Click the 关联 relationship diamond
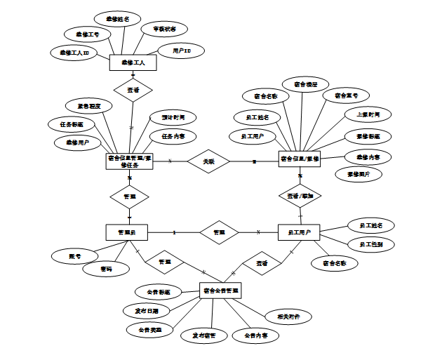(208, 161)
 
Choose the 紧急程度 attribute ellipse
(89, 106)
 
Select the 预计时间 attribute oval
(168, 117)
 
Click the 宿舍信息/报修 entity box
(300, 159)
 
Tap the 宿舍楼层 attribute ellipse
(305, 85)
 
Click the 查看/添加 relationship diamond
(300, 196)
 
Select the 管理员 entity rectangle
(127, 232)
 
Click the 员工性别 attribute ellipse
(370, 244)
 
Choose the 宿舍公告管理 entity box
(220, 290)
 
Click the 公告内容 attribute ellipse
(256, 336)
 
